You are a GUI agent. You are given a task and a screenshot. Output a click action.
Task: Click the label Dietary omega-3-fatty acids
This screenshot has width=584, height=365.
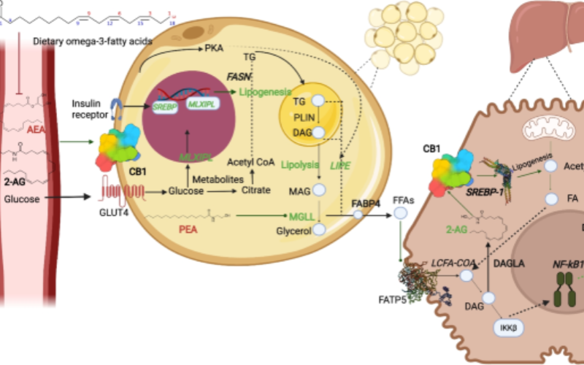(x=92, y=42)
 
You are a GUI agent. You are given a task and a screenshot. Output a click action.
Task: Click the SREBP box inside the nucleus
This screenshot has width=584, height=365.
(x=169, y=106)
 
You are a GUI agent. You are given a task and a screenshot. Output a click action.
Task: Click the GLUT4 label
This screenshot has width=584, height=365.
(x=109, y=214)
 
